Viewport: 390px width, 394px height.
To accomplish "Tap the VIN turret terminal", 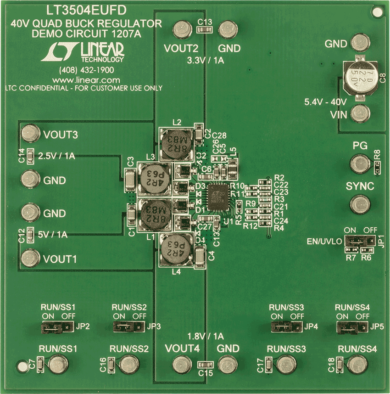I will (x=359, y=113).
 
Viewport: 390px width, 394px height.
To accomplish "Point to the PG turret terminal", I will (x=359, y=163).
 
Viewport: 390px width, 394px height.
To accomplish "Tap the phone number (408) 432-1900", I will (x=87, y=70).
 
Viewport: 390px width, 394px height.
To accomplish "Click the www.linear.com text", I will (x=83, y=79).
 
